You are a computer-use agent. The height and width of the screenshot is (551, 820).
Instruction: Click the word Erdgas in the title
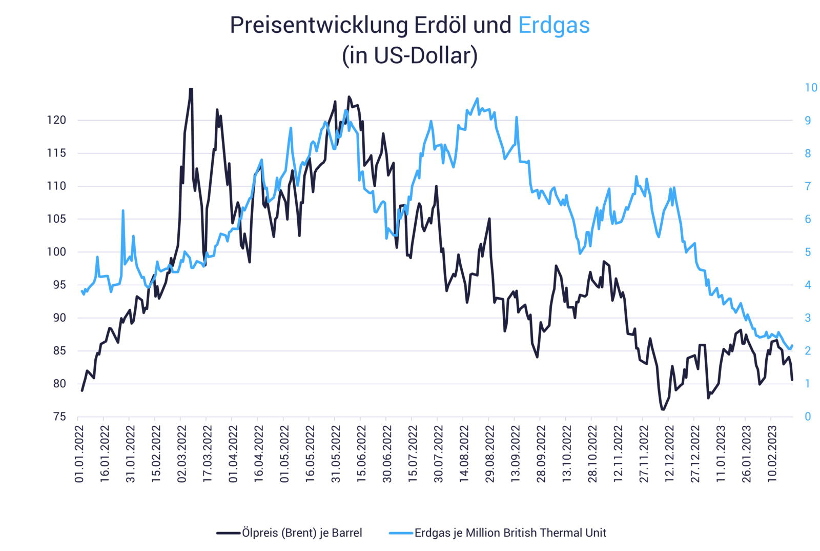[x=554, y=26]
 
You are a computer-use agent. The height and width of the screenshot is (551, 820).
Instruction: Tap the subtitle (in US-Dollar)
[x=409, y=56]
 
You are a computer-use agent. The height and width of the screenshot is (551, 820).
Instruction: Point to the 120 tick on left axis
[x=56, y=121]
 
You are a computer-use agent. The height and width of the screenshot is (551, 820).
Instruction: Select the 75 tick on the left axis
[x=59, y=417]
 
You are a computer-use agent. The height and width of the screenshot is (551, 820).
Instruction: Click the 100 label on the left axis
[x=56, y=252]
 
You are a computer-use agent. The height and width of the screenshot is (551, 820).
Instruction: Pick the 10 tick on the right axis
[x=811, y=88]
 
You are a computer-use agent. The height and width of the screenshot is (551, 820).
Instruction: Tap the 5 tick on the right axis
[x=808, y=252]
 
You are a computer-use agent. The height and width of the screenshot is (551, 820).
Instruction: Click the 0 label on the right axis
[x=808, y=417]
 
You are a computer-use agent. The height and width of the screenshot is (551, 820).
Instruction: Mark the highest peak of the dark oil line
[x=191, y=89]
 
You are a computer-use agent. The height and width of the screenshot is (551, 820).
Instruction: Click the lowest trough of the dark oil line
[x=662, y=410]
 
